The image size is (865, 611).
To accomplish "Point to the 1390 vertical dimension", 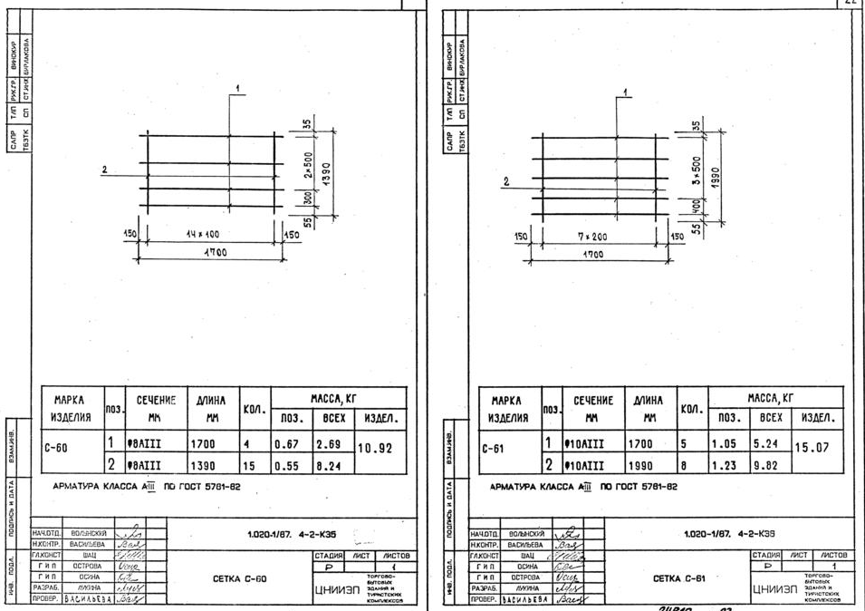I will pyautogui.click(x=324, y=170).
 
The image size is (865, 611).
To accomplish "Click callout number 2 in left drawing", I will pyautogui.click(x=104, y=170).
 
